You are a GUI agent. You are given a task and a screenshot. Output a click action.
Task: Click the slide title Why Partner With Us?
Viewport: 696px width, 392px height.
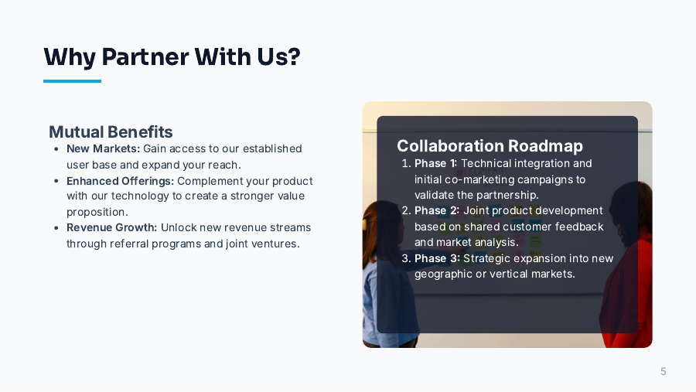(x=172, y=56)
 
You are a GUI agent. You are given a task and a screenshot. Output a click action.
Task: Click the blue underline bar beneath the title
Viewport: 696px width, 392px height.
(x=72, y=80)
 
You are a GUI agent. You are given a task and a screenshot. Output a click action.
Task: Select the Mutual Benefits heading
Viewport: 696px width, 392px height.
(x=111, y=131)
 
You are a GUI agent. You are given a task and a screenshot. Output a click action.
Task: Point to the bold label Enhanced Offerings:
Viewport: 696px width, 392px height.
(x=120, y=181)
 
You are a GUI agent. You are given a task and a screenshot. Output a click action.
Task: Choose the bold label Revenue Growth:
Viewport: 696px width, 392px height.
(x=111, y=227)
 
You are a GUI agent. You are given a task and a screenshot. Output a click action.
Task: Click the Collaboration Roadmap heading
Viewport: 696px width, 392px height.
(x=490, y=145)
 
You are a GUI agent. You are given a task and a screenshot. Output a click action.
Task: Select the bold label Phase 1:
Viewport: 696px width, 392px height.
(x=436, y=163)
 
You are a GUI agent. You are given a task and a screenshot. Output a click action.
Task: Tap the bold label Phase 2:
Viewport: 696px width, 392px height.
(x=437, y=210)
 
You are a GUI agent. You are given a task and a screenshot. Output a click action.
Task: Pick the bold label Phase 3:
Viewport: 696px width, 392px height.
(x=437, y=258)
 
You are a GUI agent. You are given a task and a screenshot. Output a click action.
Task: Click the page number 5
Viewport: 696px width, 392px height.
(x=663, y=372)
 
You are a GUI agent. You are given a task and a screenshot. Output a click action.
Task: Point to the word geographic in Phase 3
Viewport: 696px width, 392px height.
(x=442, y=274)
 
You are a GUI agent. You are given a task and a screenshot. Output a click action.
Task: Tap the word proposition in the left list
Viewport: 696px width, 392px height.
(x=97, y=212)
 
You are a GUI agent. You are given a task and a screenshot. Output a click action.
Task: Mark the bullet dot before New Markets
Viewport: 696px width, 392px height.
(x=56, y=149)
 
